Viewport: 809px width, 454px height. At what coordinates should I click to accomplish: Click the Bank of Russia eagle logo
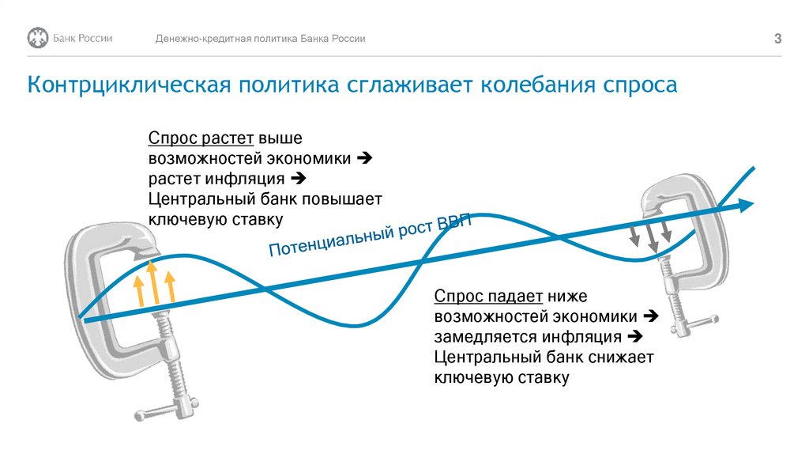[x=38, y=38]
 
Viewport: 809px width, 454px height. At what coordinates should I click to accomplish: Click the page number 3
[x=777, y=39]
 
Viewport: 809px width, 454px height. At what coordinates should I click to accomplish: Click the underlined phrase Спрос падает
[x=487, y=297]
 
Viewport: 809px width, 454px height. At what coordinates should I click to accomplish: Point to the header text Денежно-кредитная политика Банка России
[x=260, y=39]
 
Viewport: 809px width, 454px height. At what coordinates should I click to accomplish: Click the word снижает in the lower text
[x=621, y=358]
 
